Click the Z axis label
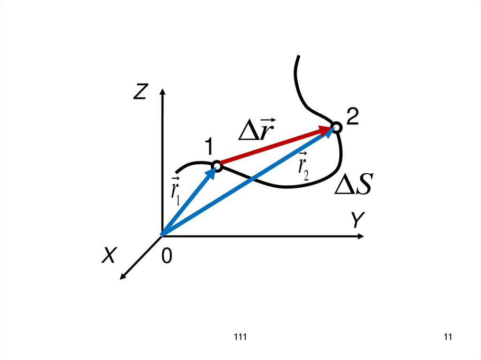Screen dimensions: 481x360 [x=140, y=93]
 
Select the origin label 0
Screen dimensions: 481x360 [x=167, y=256]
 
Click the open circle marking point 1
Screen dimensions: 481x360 [x=217, y=165]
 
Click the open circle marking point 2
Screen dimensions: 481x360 [x=336, y=127]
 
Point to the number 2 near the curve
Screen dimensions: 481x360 [x=353, y=116]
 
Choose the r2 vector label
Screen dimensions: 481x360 [x=303, y=167]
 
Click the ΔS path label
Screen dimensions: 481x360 [x=353, y=186]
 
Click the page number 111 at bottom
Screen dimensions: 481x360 [x=240, y=337]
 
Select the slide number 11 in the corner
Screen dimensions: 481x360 [x=447, y=337]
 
